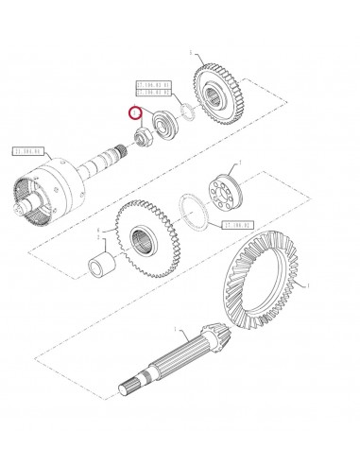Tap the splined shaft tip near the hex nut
point(127,148)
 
